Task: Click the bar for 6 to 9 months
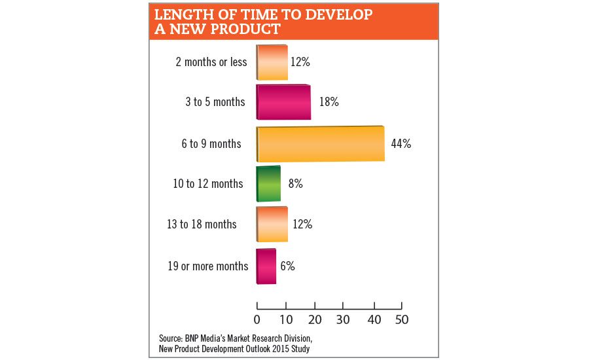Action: tap(320, 143)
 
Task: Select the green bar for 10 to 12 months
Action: tap(268, 184)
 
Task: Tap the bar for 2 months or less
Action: tap(272, 63)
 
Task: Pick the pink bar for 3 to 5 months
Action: tap(283, 102)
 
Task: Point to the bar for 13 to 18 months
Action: tap(272, 225)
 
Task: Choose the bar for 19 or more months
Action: tap(266, 266)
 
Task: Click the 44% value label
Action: tap(401, 143)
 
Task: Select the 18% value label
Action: tap(327, 102)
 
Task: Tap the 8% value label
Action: tap(295, 184)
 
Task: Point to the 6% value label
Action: tap(288, 266)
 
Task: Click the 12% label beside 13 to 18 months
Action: tap(302, 225)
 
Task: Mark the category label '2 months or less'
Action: tap(211, 62)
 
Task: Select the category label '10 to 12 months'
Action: tap(208, 184)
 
